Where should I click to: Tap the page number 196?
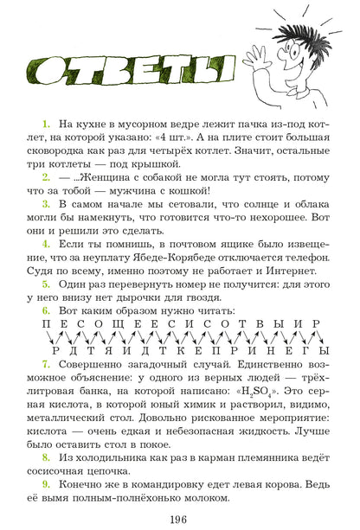[179, 519]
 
